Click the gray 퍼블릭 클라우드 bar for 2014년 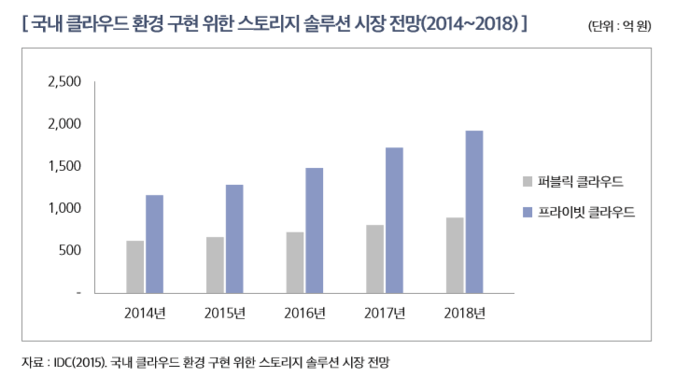pyautogui.click(x=135, y=267)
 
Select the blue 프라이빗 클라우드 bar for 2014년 pyautogui.click(x=155, y=244)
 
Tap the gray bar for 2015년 pyautogui.click(x=215, y=265)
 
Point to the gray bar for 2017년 pyautogui.click(x=374, y=259)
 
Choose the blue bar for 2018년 pyautogui.click(x=474, y=212)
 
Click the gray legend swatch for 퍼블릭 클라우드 pyautogui.click(x=528, y=181)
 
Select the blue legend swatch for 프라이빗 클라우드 pyautogui.click(x=528, y=213)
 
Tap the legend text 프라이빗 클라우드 pyautogui.click(x=586, y=213)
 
